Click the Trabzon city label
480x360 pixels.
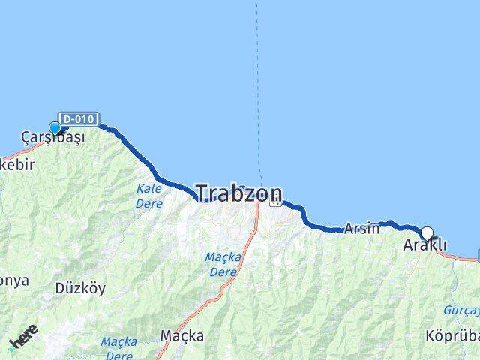(239, 193)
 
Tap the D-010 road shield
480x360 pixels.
(78, 119)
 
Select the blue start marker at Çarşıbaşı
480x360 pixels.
(55, 128)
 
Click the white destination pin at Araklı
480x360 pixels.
(427, 232)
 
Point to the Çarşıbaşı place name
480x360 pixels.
(52, 139)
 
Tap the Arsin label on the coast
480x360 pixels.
(362, 229)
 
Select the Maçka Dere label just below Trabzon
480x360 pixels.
(223, 264)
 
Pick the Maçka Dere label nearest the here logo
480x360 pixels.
(119, 348)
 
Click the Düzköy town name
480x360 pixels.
(80, 288)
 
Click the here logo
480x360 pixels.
(24, 338)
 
